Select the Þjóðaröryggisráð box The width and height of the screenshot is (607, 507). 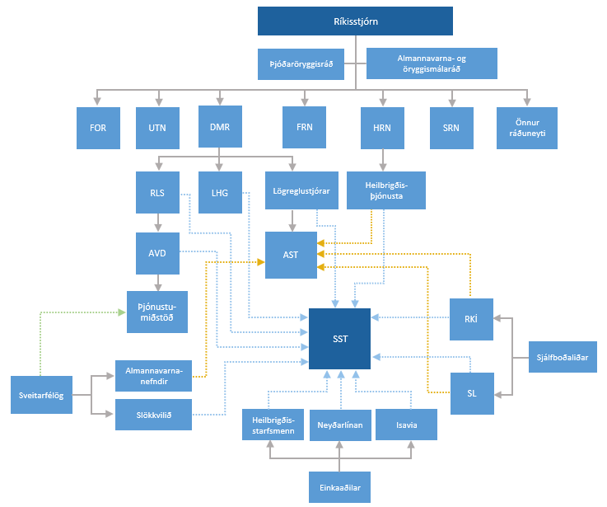coord(306,63)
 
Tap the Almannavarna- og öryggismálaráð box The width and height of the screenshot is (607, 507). coord(432,63)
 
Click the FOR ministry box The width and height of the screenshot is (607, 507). coord(98,128)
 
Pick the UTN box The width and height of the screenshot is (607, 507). coord(157,128)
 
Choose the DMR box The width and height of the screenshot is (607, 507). coord(220,127)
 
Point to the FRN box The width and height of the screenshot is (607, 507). coord(304,128)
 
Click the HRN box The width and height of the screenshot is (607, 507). coord(381,128)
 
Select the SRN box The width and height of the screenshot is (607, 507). coord(451,128)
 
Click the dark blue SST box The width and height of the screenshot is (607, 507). coord(339,338)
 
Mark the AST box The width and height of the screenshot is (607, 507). coord(290,255)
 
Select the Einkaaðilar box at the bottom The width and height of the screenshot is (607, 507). coord(339,487)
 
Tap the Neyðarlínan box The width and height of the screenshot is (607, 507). coord(340,425)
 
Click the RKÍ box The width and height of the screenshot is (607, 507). coord(472,318)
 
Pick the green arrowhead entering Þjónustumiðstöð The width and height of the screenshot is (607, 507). coord(121,312)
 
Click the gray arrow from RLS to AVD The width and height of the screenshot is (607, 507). coord(158,222)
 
